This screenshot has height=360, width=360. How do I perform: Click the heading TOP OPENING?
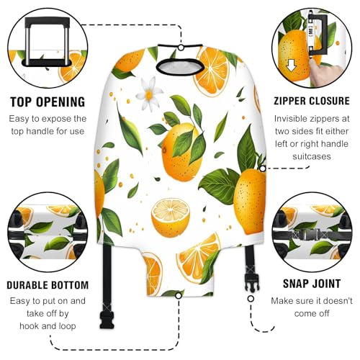[46, 101]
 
